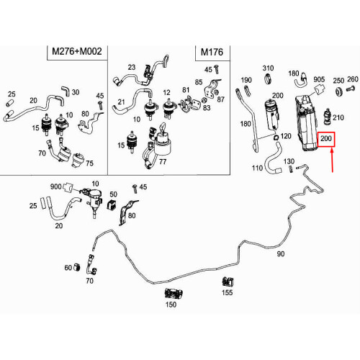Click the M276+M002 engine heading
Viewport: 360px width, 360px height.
point(77,51)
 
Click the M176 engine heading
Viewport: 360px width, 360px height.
point(212,52)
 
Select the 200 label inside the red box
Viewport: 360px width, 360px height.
point(326,138)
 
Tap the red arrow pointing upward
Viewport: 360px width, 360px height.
point(333,161)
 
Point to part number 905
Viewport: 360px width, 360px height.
point(319,79)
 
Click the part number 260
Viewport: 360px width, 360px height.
point(353,79)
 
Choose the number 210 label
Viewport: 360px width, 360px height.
point(338,117)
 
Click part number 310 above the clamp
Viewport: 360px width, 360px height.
point(268,68)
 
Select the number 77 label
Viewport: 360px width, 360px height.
point(163,161)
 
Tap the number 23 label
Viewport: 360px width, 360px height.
point(132,67)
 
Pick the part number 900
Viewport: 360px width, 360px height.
point(55,186)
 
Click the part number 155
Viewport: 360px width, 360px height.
point(227,292)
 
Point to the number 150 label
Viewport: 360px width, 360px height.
point(171,305)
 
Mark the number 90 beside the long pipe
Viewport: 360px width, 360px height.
point(281,253)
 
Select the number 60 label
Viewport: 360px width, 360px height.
point(68,267)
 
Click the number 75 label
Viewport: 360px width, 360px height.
point(89,163)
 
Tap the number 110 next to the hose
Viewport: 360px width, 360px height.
point(257,168)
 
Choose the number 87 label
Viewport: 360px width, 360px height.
point(220,99)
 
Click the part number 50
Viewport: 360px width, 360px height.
point(113,194)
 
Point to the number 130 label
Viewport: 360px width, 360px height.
point(289,161)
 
